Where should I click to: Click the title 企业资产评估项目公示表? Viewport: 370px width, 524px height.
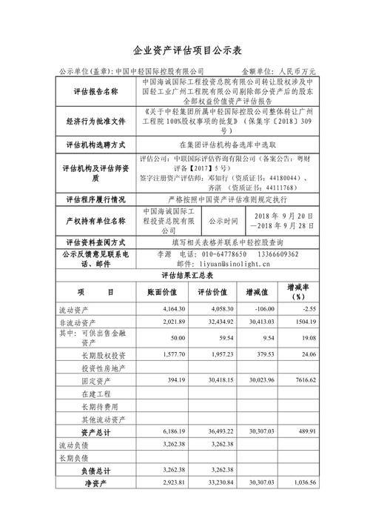[x=185, y=51]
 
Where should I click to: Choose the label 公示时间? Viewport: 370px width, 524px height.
[x=223, y=221]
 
